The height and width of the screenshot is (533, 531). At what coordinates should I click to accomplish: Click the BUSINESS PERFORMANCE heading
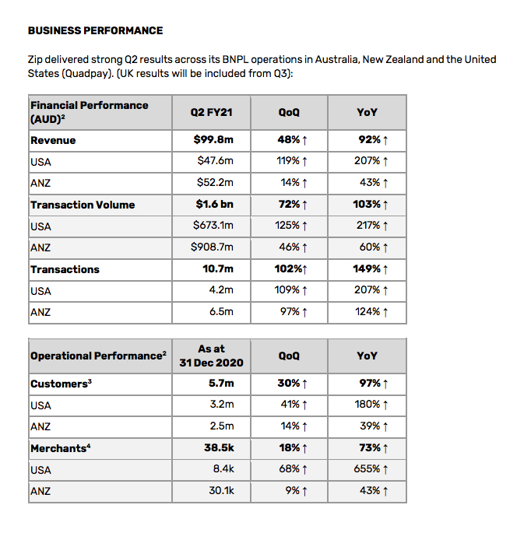click(95, 31)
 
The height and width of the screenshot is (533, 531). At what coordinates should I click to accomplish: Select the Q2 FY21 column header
click(211, 113)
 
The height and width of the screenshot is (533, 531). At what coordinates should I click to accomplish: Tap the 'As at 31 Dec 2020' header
click(211, 356)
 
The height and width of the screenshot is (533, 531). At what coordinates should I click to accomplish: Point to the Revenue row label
click(53, 141)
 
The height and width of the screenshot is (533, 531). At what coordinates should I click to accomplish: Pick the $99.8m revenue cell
click(213, 141)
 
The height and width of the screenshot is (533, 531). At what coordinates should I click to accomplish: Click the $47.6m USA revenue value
click(215, 162)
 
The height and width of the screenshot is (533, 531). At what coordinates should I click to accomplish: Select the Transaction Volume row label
click(83, 205)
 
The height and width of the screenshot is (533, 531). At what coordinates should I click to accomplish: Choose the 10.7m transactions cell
click(217, 270)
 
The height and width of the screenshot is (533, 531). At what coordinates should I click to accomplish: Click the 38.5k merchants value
click(218, 448)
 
